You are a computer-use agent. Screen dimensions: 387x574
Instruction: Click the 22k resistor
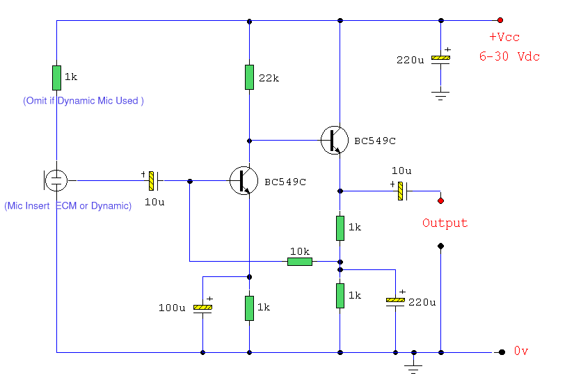(x=249, y=77)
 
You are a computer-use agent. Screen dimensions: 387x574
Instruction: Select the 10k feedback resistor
(x=300, y=262)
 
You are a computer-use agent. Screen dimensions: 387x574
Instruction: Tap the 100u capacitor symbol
(x=202, y=308)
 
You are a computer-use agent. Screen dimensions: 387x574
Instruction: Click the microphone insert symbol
(x=55, y=180)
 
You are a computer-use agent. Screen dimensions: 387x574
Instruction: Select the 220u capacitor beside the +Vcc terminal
(x=440, y=59)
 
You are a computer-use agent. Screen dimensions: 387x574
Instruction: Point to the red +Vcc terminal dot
(x=500, y=21)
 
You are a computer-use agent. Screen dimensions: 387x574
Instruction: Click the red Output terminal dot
(x=440, y=201)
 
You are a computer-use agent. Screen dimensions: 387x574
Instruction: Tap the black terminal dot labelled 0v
(x=500, y=352)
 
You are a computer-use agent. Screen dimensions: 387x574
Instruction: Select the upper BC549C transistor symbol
(x=335, y=140)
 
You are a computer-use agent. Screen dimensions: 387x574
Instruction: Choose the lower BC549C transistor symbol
(x=244, y=180)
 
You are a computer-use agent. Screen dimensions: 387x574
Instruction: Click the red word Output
(x=445, y=223)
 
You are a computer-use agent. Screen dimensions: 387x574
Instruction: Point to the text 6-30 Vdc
(x=509, y=56)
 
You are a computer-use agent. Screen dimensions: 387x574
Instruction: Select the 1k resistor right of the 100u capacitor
(x=249, y=308)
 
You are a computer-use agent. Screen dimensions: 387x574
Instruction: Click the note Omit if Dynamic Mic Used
(x=83, y=101)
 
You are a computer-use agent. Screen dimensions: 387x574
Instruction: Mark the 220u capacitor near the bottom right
(x=395, y=301)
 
